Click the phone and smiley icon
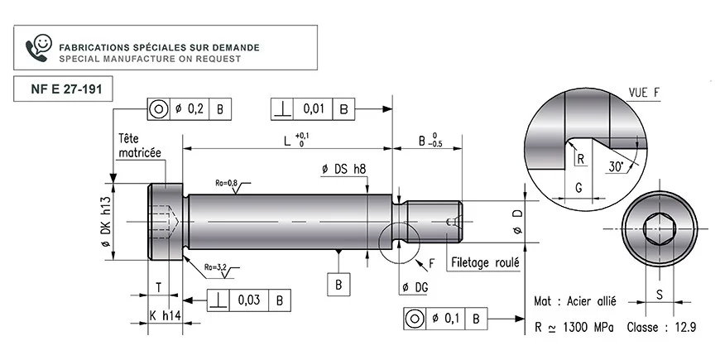[39, 47]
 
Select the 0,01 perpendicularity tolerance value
[314, 109]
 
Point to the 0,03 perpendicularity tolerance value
[249, 300]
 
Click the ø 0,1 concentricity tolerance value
[445, 319]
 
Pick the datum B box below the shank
[338, 285]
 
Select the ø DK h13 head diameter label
[106, 223]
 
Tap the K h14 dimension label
[166, 316]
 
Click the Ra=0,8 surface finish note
[227, 183]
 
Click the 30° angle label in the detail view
[616, 166]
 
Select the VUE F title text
[643, 93]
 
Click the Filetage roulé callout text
[485, 262]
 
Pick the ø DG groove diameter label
[415, 288]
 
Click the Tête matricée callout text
[140, 146]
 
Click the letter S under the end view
[660, 295]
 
